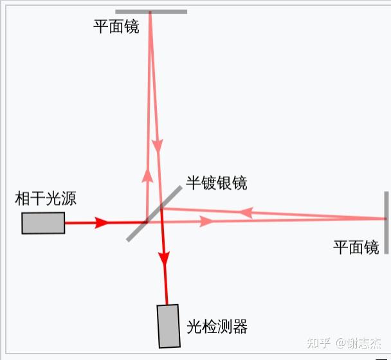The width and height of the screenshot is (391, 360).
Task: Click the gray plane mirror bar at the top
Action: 151,11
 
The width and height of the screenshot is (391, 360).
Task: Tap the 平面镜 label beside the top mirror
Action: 116,27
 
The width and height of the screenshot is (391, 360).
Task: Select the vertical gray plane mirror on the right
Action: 386,222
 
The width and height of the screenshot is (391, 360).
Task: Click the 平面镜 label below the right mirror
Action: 356,248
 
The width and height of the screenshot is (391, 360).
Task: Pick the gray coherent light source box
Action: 43,222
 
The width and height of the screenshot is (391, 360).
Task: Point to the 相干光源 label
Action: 46,198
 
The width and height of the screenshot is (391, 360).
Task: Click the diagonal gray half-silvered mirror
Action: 154,214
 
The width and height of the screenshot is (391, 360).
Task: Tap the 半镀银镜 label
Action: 217,183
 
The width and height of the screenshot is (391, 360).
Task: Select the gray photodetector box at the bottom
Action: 168,325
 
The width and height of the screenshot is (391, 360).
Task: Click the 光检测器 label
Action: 217,327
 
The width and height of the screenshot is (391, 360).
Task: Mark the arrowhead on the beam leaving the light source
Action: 101,223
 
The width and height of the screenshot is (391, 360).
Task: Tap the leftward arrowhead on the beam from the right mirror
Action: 245,212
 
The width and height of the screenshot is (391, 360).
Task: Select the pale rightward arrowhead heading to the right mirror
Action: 206,222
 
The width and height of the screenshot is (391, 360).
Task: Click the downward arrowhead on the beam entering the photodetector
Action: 165,258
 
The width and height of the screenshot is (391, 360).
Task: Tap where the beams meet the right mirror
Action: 384,219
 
